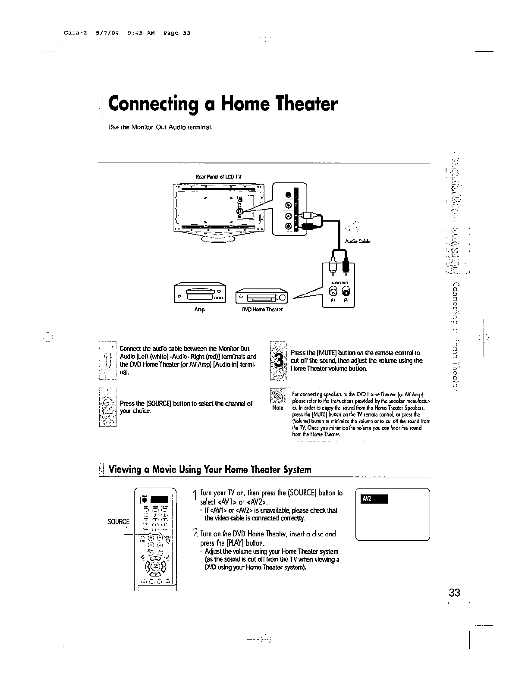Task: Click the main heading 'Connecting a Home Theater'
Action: coord(223,105)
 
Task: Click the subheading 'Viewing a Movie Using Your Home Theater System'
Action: coord(210,470)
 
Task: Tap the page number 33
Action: coord(454,592)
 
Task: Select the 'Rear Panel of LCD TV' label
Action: coord(218,177)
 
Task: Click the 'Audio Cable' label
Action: coord(358,241)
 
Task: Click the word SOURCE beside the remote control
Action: coord(118,521)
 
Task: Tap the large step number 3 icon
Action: coord(279,361)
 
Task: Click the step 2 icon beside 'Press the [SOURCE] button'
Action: coord(108,407)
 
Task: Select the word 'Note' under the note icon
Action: coord(278,407)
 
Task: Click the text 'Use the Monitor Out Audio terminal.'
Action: coord(161,128)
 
